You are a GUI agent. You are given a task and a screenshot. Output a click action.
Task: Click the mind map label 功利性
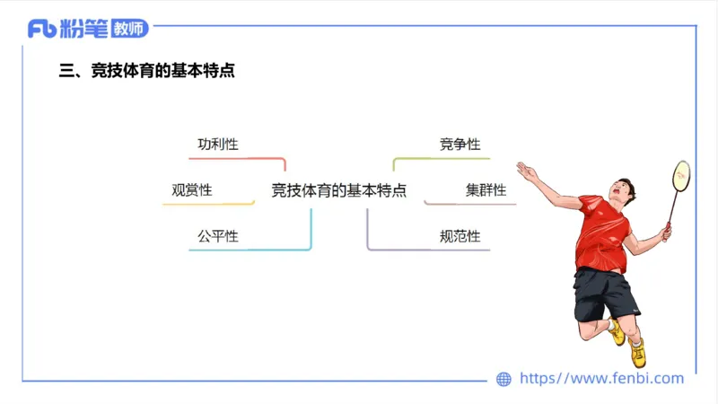pos(218,144)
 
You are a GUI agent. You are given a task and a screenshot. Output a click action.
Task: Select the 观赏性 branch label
pos(192,190)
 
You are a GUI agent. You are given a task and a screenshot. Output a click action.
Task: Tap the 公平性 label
pos(218,236)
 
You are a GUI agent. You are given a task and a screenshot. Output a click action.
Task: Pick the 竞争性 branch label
pos(460,144)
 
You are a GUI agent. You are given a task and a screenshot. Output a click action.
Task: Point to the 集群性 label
pos(486,190)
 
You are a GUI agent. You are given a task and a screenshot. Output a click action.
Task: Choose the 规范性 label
pos(460,237)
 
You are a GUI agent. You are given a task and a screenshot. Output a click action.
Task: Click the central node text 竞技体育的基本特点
pos(338,190)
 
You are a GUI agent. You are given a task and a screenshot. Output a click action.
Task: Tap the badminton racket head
pos(680,175)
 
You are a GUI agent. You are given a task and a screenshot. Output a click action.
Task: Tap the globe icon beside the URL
pos(503,380)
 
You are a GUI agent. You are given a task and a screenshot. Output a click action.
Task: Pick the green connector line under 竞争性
pos(440,158)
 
